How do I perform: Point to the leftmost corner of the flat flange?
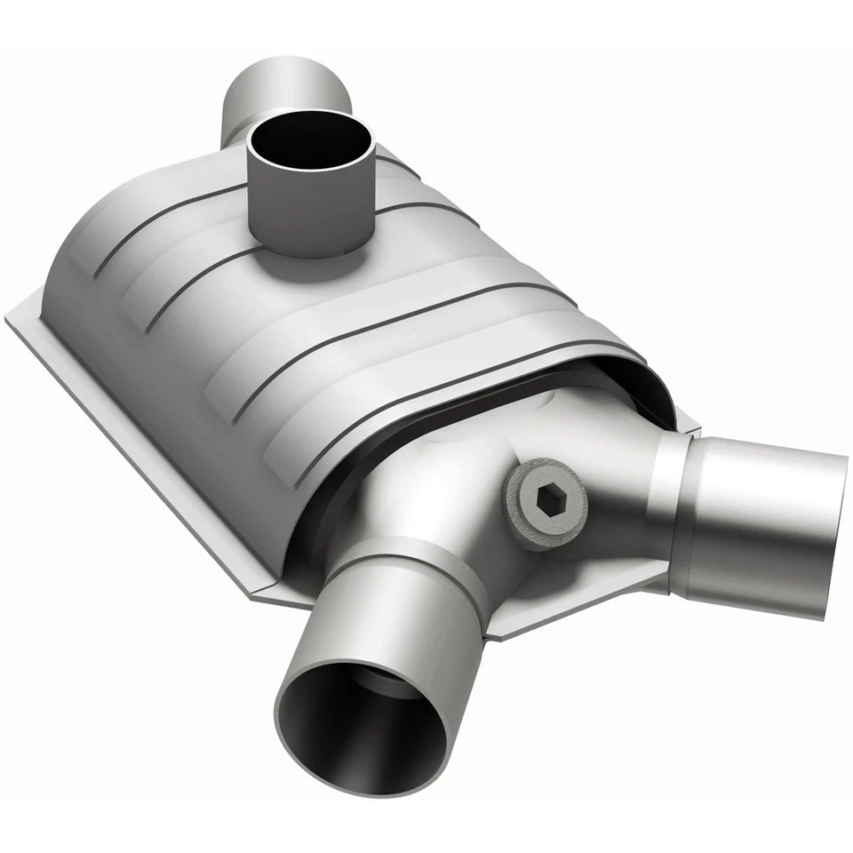[x=11, y=320]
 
